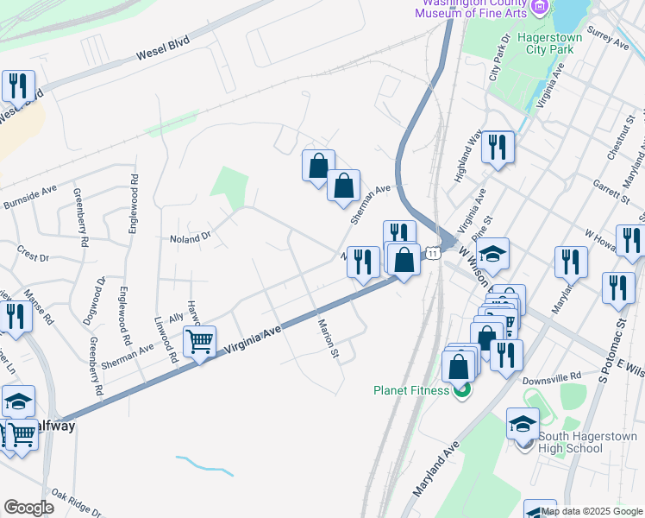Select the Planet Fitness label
coord(412,390)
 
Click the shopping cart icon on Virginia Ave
coord(200,343)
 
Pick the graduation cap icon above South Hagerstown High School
coord(523,423)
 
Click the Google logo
coord(28,507)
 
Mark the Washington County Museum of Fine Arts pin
coord(541,8)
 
